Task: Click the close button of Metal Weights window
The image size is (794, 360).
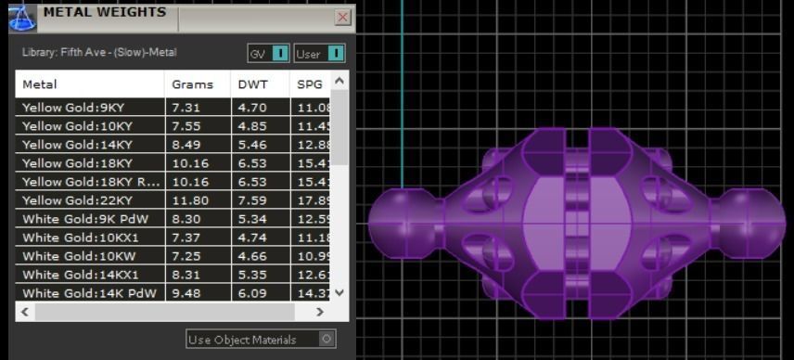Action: click(342, 17)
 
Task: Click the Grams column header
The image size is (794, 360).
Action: click(192, 84)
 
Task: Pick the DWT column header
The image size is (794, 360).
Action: click(251, 84)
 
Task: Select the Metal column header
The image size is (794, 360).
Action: click(40, 84)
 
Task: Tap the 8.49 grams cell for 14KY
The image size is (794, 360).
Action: click(186, 144)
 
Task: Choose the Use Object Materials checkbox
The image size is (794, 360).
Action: click(327, 340)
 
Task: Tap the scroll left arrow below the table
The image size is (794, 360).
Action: click(25, 313)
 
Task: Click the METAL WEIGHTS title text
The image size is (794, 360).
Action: click(105, 13)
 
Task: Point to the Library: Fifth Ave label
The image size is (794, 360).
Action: click(99, 53)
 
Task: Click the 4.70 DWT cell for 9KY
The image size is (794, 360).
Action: click(250, 107)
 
